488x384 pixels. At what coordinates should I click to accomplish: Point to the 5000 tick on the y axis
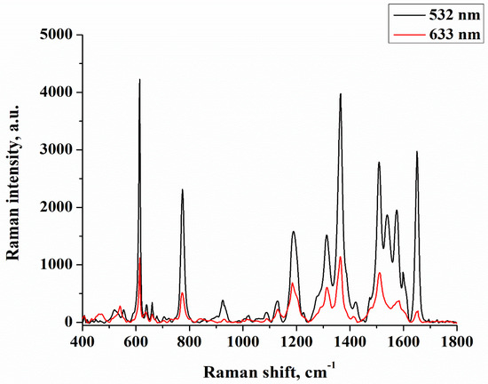point(59,36)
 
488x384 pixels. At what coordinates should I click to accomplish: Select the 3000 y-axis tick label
point(59,150)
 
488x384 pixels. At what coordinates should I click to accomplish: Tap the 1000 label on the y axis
point(59,265)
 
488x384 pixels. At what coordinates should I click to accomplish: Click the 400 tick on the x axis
point(83,341)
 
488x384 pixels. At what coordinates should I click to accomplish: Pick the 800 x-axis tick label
point(189,341)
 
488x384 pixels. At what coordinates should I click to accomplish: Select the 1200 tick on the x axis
point(296,341)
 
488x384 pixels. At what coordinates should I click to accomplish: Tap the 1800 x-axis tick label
point(456,341)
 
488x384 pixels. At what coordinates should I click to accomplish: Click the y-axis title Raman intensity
point(14,178)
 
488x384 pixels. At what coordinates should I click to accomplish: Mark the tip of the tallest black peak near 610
point(139,80)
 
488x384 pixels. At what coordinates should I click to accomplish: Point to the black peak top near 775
point(183,189)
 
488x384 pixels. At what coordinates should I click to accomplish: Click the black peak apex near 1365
point(340,94)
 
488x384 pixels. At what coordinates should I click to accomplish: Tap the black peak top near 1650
point(416,151)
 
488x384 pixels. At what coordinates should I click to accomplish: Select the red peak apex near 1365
point(340,257)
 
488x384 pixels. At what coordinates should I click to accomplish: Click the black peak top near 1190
point(294,231)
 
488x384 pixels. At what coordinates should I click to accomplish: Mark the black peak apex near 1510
point(379,163)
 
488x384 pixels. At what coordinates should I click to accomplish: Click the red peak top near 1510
point(379,273)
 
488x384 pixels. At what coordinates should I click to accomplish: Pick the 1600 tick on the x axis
point(403,341)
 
